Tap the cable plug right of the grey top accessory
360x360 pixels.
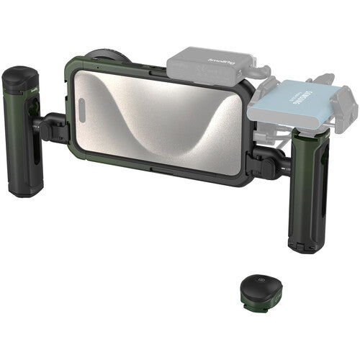click(x=262, y=71)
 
